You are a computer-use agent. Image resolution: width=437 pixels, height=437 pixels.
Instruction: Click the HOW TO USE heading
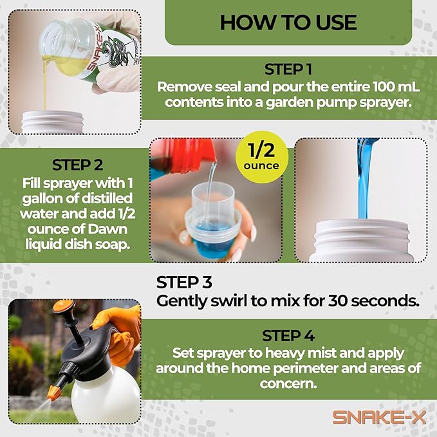288,22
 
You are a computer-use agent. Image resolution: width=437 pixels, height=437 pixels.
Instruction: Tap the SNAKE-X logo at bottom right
379,416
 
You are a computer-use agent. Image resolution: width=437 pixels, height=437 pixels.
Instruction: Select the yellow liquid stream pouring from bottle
46,84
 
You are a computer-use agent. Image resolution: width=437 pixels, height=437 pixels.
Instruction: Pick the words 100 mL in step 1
377,87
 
